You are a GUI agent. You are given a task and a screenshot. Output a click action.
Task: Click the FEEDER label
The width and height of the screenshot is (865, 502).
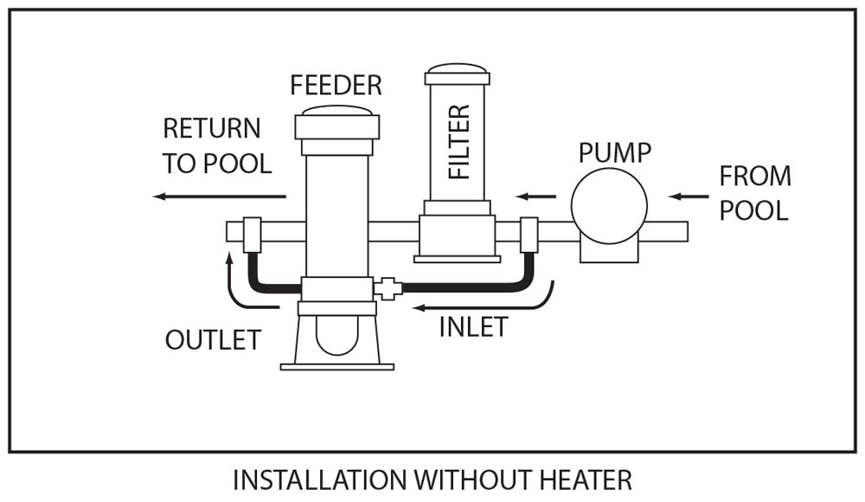336,86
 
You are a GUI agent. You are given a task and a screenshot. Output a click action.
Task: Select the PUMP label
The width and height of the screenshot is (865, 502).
614,153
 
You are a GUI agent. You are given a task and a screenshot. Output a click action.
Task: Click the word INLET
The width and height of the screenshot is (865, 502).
473,327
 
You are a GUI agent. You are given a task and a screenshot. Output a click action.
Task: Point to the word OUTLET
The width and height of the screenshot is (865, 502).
213,340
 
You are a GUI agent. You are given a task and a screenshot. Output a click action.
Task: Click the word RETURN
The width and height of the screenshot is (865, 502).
212,129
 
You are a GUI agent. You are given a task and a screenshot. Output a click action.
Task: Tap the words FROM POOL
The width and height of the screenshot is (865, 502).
755,193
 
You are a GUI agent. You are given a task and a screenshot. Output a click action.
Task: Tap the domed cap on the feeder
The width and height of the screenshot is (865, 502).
336,111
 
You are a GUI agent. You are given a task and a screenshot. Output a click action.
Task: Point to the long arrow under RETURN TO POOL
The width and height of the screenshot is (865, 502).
220,196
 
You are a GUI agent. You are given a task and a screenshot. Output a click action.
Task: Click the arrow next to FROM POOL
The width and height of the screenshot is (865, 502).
689,196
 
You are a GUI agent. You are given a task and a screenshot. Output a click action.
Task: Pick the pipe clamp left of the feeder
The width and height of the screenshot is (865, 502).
252,234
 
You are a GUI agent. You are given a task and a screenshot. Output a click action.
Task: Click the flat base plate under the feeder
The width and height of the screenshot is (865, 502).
337,366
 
